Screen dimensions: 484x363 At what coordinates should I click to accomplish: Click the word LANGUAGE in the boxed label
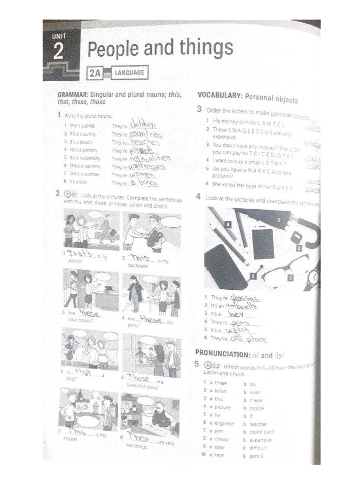(129, 73)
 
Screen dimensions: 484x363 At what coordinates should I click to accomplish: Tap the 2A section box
(95, 73)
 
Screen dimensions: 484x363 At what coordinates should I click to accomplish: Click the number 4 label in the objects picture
(228, 225)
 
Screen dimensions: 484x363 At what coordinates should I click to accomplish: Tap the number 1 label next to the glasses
(290, 278)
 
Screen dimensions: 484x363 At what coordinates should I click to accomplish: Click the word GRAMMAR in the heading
(73, 95)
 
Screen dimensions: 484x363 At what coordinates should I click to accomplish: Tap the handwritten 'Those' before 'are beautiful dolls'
(140, 379)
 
